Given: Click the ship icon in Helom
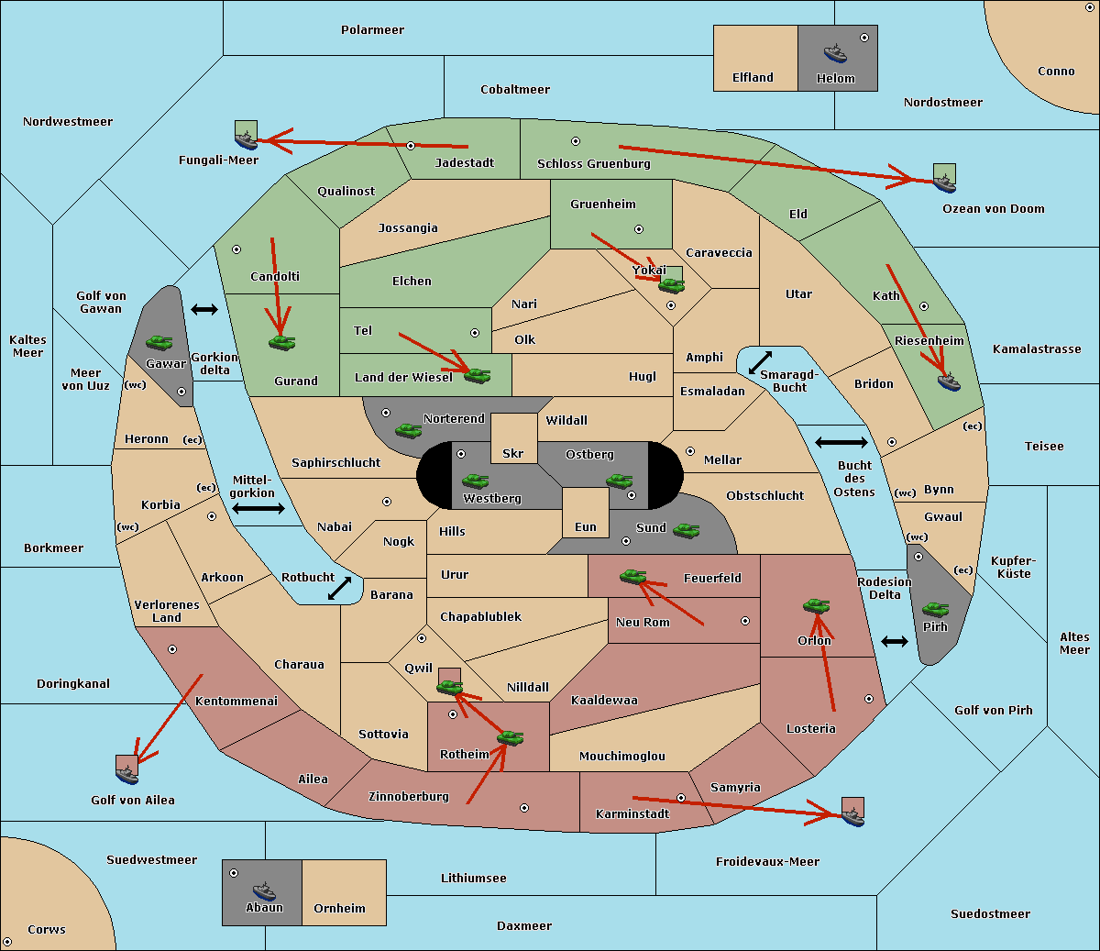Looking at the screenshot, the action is click(x=835, y=53).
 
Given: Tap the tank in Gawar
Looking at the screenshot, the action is click(x=159, y=342).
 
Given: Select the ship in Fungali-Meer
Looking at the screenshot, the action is click(x=246, y=140).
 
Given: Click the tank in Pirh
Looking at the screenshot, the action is click(x=935, y=609).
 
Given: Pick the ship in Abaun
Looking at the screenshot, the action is click(x=264, y=890).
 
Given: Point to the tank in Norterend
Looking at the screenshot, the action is click(x=408, y=430).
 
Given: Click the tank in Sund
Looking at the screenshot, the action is click(x=686, y=530).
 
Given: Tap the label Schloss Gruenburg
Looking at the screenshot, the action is click(x=593, y=163).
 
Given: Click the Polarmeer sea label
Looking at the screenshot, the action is click(x=372, y=30).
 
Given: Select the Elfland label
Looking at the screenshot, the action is click(x=753, y=78).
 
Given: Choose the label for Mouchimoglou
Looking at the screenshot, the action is click(x=622, y=756).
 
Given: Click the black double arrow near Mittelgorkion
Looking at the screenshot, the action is click(x=258, y=508).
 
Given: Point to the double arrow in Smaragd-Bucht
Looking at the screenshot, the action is click(x=760, y=362).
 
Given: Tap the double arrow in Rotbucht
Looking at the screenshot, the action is click(x=339, y=588).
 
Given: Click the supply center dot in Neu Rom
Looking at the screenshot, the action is click(x=745, y=621).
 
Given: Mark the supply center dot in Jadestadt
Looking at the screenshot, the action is click(x=411, y=146).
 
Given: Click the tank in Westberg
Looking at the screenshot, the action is click(x=475, y=481).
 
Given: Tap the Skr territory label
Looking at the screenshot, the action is click(x=513, y=453).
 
